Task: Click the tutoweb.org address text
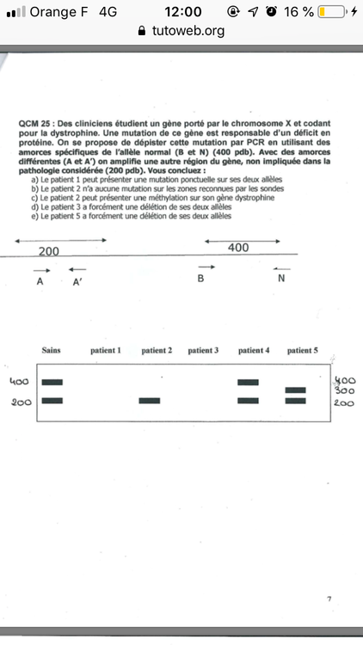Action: (x=188, y=30)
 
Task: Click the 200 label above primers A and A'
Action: (x=49, y=250)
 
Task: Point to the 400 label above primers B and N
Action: (x=238, y=248)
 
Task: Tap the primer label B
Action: (x=200, y=279)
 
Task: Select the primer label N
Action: (x=281, y=279)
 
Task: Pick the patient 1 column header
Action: (x=106, y=351)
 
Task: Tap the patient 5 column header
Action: (x=303, y=351)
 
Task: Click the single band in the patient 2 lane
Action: (x=151, y=401)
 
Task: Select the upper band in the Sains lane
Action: (x=52, y=381)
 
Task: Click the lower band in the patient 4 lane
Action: (x=248, y=401)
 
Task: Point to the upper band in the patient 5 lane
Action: (x=296, y=390)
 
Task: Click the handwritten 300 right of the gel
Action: (x=344, y=390)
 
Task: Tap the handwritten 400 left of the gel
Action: (x=20, y=381)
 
